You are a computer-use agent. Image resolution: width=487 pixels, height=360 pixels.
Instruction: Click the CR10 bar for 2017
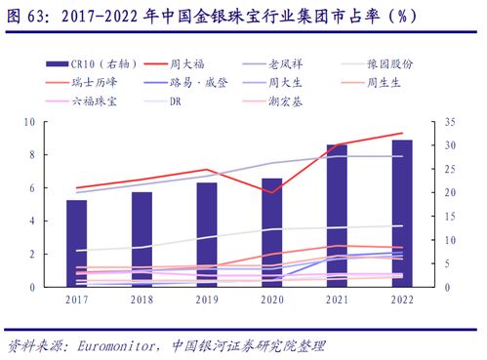[76, 244]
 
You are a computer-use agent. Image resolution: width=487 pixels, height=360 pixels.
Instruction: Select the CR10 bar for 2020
[272, 233]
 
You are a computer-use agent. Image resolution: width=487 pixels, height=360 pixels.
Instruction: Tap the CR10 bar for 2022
[401, 214]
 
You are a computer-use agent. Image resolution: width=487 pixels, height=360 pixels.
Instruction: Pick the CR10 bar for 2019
[207, 235]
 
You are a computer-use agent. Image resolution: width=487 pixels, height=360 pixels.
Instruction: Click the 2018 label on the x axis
[142, 300]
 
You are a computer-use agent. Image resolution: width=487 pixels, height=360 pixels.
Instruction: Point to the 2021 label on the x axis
[337, 300]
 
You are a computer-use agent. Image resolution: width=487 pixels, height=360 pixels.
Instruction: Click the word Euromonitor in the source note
[118, 345]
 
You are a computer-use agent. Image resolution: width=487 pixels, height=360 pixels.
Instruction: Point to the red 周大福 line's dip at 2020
[272, 192]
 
